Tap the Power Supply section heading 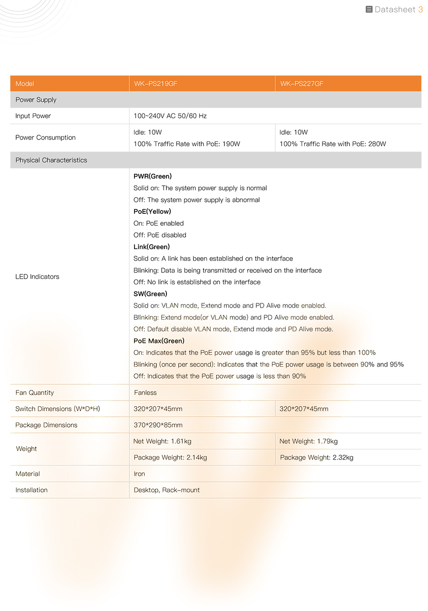click(x=36, y=100)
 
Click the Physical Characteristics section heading click(x=51, y=160)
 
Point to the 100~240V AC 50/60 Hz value click(x=170, y=116)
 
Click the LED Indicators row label click(x=37, y=277)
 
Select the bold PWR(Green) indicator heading click(x=152, y=177)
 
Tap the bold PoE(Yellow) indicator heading click(x=152, y=212)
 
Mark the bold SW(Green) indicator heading click(x=150, y=294)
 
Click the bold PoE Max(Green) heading click(x=159, y=341)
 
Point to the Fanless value click(x=145, y=393)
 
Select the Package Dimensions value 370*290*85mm click(x=158, y=425)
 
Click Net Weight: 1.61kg click(x=162, y=441)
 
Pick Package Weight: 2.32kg click(x=316, y=458)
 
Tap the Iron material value click(x=139, y=474)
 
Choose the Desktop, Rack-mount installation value click(x=166, y=490)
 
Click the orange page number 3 click(x=420, y=10)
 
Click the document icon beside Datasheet click(x=369, y=10)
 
